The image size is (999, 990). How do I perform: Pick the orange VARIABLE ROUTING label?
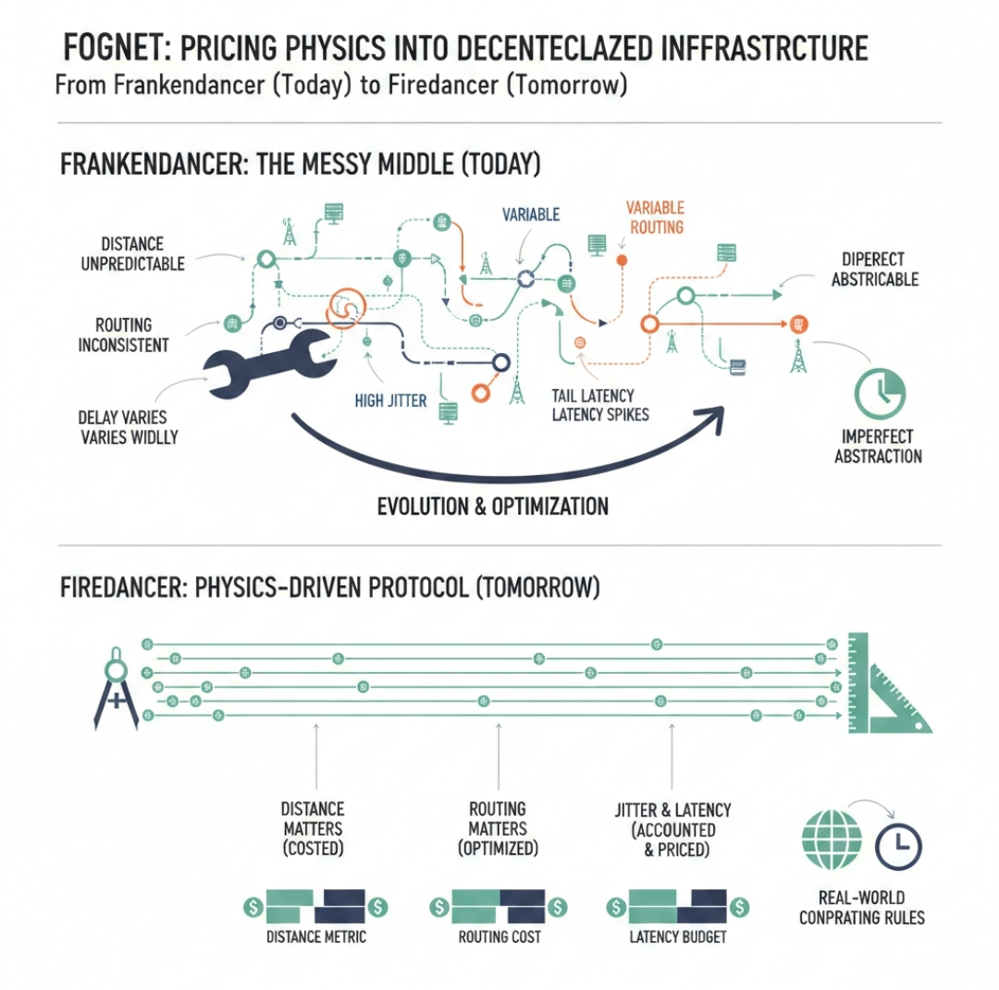point(654,216)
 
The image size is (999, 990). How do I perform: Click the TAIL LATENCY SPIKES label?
point(599,404)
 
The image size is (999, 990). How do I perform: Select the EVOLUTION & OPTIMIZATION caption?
point(493,506)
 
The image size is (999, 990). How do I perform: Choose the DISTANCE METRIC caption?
point(315,936)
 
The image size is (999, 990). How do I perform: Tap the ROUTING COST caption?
point(499,936)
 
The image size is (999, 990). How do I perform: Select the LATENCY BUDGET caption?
point(678,936)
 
